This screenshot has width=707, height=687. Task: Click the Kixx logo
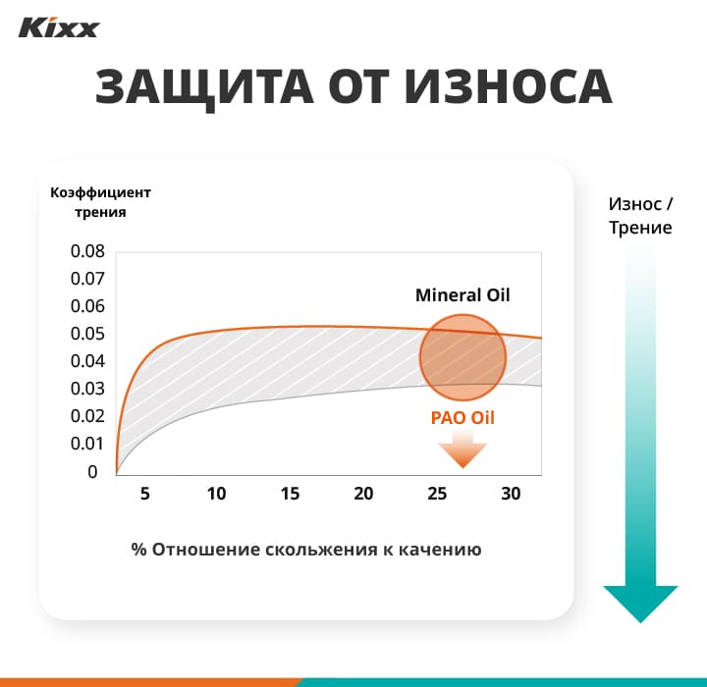point(59,26)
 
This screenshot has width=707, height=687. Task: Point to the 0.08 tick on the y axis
point(86,251)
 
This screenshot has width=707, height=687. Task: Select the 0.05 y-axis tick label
point(86,334)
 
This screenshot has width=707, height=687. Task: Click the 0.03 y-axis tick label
point(86,389)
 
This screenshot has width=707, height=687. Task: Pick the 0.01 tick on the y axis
point(86,444)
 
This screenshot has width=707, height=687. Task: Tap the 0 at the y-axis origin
point(92,472)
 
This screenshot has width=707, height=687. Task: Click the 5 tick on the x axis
point(144,494)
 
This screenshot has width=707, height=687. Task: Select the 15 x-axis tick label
point(290,494)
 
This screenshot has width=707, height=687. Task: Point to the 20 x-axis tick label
point(363,494)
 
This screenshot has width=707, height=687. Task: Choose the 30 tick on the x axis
point(511,494)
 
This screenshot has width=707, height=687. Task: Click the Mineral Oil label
point(462,294)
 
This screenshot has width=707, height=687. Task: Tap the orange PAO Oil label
point(462,417)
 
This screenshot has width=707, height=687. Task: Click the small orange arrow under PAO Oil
point(462,451)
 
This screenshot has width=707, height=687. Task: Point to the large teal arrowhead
point(640,602)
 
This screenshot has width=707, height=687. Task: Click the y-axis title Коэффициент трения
point(100,201)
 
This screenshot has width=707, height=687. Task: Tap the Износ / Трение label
point(640,216)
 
